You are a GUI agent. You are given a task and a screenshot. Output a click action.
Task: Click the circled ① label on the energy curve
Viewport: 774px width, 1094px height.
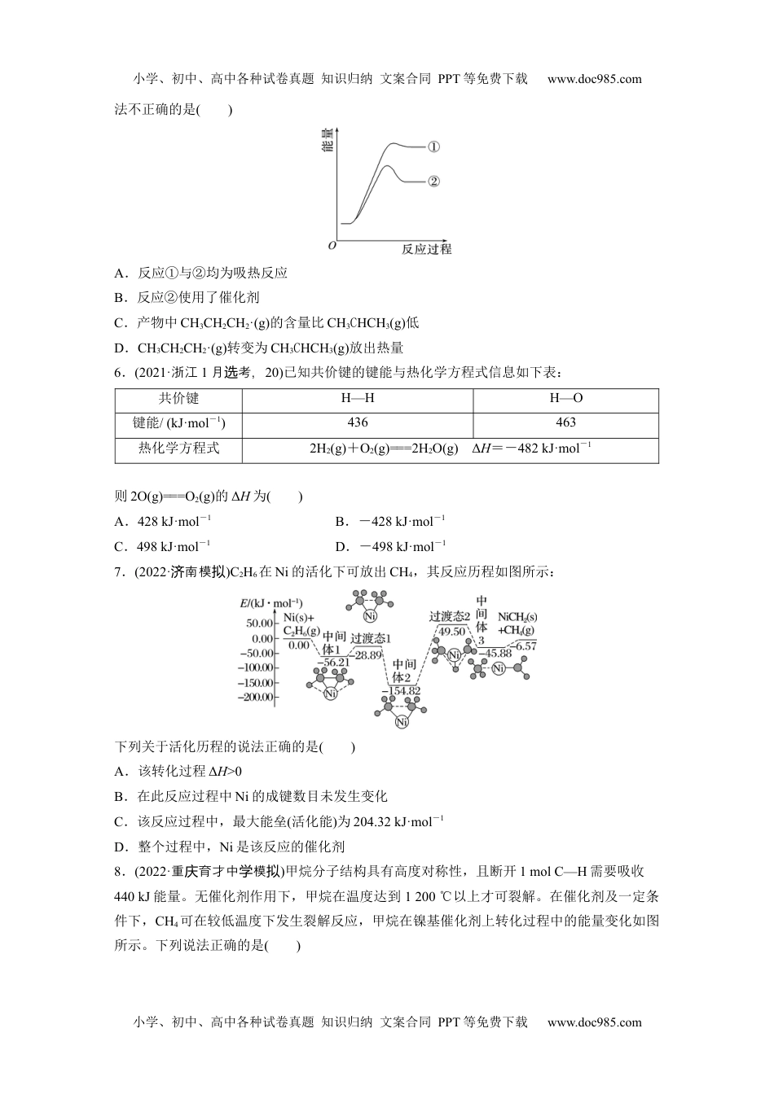point(433,147)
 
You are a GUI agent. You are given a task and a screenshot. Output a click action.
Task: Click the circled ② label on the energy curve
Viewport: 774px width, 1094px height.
point(433,181)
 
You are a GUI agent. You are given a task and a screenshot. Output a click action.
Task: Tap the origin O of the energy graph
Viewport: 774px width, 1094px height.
point(332,245)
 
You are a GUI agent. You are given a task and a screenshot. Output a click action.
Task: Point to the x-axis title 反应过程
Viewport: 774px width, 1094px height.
point(426,249)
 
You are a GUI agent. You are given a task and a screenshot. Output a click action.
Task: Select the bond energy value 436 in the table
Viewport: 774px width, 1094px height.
point(358,422)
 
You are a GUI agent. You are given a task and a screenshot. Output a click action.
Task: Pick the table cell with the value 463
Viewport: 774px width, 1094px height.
point(565,422)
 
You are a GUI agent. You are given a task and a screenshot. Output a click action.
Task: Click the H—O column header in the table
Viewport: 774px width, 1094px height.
point(565,399)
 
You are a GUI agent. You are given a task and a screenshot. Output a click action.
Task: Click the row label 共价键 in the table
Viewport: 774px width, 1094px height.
point(178,399)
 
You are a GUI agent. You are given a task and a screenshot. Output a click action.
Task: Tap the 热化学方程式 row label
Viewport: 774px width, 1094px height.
point(178,448)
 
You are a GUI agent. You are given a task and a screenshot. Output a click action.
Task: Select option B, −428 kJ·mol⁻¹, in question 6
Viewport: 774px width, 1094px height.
point(390,521)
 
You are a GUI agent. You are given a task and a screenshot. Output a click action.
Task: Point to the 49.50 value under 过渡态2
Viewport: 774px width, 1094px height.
point(451,631)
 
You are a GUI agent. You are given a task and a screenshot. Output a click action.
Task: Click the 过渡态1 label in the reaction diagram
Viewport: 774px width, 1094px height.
point(371,638)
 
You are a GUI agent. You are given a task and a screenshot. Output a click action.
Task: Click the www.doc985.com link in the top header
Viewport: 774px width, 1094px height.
point(595,79)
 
